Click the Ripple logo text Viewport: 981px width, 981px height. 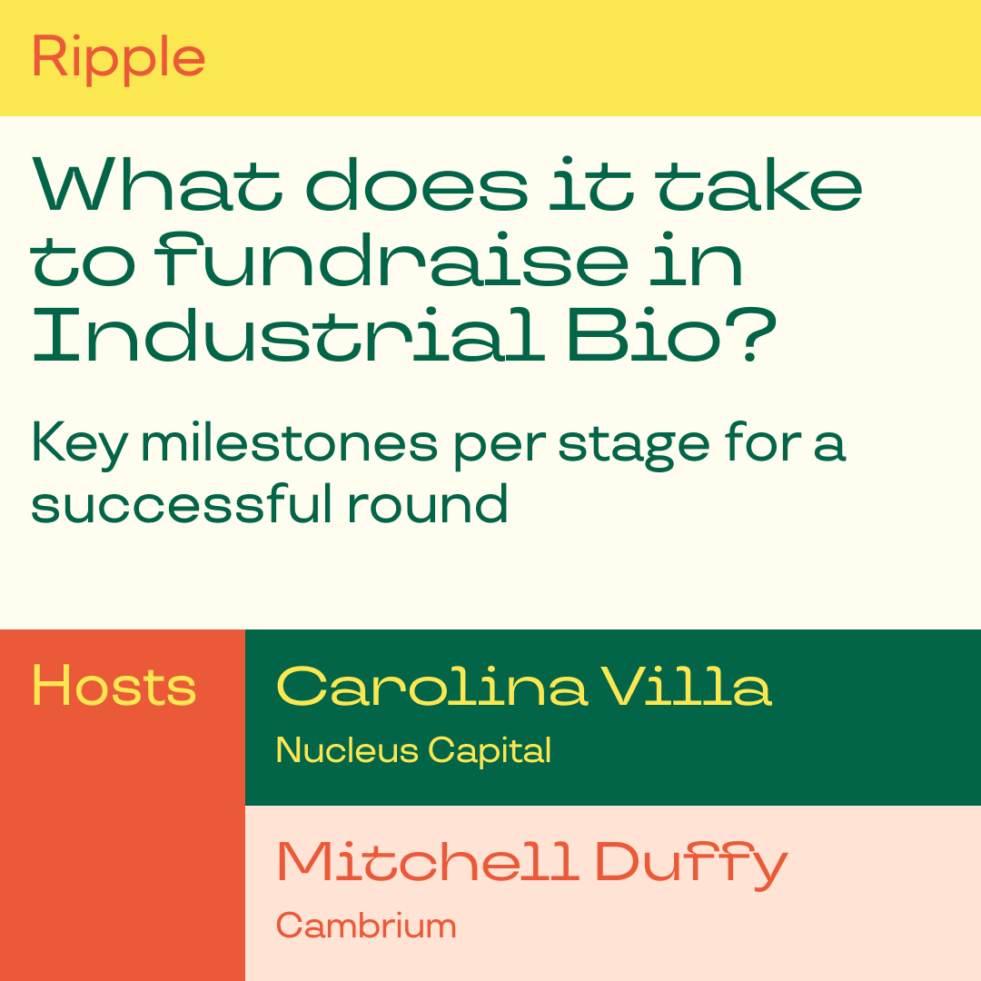(118, 57)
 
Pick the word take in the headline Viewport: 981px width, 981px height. (761, 183)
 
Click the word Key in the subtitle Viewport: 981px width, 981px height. (79, 444)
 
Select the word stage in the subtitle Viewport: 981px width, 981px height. (634, 445)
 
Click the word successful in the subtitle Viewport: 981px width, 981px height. (182, 503)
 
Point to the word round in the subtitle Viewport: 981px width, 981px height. (427, 503)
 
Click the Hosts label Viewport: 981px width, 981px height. (114, 686)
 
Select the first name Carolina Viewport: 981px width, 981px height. (431, 686)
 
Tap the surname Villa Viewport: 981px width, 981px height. (687, 686)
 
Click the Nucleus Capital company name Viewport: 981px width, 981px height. (413, 750)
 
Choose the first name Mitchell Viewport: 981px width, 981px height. (428, 861)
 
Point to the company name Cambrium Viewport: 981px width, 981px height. (366, 926)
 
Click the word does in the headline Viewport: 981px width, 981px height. (417, 183)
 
